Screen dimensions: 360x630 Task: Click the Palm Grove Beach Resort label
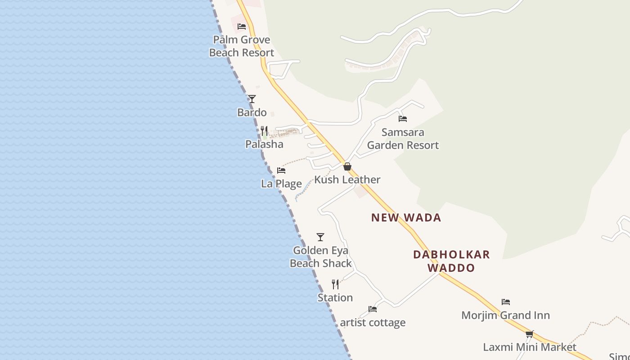click(242, 46)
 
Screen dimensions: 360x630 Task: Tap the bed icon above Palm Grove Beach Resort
click(242, 26)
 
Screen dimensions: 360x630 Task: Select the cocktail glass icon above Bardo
click(252, 99)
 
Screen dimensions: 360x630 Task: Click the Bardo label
click(252, 112)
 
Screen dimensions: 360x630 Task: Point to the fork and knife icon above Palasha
click(265, 131)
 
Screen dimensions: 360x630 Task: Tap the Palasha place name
click(265, 144)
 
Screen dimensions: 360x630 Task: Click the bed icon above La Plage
click(281, 171)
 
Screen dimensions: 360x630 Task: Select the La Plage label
click(281, 184)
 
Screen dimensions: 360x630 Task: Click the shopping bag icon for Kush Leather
click(347, 166)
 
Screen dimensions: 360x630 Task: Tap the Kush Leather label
click(347, 180)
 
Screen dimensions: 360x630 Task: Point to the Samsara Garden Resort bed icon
click(403, 119)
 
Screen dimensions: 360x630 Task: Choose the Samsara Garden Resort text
click(403, 139)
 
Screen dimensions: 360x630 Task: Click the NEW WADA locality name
click(406, 218)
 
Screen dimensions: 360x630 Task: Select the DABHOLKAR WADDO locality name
click(451, 261)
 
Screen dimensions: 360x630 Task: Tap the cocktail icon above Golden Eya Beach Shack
click(320, 237)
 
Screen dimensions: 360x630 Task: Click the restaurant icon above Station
click(335, 284)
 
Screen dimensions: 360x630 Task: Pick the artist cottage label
click(373, 323)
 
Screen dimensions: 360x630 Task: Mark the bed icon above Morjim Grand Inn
click(506, 302)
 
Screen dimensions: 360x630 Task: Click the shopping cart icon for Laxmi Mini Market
click(530, 334)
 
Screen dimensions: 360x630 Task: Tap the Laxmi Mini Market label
click(530, 347)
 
